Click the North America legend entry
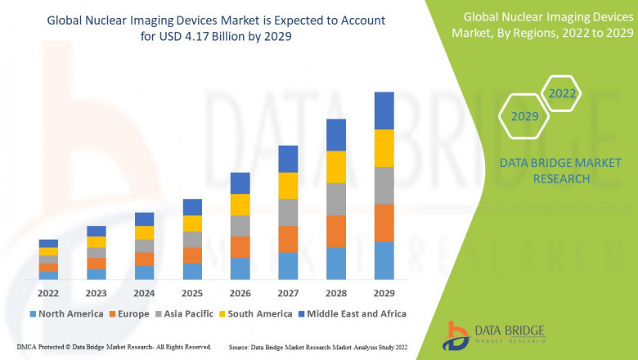point(65,313)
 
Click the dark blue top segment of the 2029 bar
point(384,110)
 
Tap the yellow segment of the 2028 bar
point(336,167)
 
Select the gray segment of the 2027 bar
point(288,212)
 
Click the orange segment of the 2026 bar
point(240,247)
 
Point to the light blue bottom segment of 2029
point(384,260)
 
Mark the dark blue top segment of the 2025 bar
point(192,207)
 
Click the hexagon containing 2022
point(562,94)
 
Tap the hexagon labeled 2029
point(524,117)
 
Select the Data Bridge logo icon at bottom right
point(457,335)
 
